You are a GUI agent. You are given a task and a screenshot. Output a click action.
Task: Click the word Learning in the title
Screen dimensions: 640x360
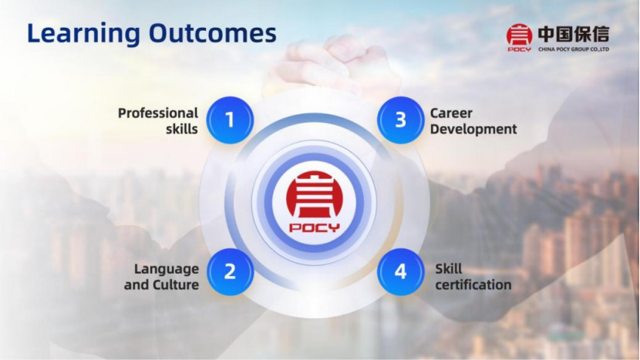pos(83,34)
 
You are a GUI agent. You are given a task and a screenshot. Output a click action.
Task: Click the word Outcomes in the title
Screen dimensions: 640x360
pos(212,32)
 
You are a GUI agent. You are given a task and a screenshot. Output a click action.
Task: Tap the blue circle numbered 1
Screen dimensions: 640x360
pos(230,120)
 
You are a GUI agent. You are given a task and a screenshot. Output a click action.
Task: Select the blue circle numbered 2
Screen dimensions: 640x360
pos(231,271)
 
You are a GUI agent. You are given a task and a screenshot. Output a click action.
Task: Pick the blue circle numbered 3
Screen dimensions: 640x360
pos(401,120)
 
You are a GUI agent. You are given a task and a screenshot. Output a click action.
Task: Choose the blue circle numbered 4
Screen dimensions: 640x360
pos(401,271)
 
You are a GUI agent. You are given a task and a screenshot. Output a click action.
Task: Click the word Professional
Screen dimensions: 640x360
pos(158,113)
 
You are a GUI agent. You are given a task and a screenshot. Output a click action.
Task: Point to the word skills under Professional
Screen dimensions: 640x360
pos(182,129)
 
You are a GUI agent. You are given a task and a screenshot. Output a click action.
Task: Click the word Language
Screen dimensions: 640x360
pos(167,269)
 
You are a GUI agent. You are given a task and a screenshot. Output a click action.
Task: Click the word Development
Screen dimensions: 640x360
pos(473,130)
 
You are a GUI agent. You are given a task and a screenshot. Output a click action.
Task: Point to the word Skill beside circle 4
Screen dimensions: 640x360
pos(449,269)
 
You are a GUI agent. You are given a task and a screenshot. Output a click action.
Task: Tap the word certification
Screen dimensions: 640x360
pos(473,284)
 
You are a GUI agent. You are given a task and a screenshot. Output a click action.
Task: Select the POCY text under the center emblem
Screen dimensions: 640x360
pos(315,227)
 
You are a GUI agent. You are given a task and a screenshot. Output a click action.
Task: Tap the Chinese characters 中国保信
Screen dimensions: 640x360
pos(574,34)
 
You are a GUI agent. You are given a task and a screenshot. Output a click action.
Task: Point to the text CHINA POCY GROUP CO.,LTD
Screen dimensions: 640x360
pos(574,49)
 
